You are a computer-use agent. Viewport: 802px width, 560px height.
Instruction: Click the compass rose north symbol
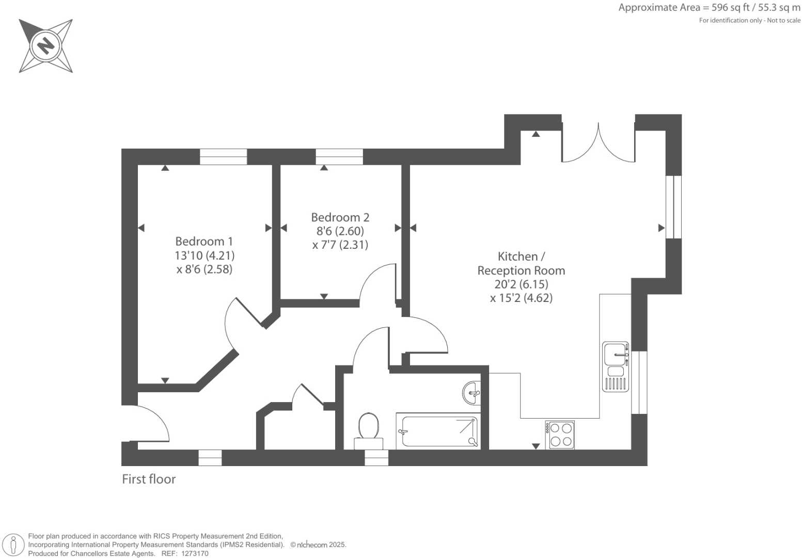(x=45, y=45)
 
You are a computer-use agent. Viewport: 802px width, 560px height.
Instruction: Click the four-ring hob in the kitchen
(x=560, y=435)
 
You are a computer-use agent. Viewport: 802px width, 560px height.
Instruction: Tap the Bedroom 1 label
(x=204, y=241)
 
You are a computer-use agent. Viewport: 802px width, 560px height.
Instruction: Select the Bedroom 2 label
(x=340, y=217)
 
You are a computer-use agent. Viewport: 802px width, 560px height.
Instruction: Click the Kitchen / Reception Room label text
(x=521, y=263)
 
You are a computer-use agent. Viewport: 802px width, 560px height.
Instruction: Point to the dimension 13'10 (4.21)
(x=205, y=255)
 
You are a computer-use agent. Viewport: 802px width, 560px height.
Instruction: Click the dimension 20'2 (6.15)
(x=521, y=284)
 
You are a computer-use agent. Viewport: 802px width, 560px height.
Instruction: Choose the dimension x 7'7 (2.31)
(x=340, y=245)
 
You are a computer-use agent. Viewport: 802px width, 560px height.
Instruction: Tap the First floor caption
(x=149, y=479)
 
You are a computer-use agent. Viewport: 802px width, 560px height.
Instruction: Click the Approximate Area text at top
(x=709, y=8)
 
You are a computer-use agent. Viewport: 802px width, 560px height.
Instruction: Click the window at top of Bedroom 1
(x=223, y=156)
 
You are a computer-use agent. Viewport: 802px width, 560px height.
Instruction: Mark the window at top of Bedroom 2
(x=339, y=156)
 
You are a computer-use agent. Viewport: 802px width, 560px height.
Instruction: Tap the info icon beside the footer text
(x=13, y=545)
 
